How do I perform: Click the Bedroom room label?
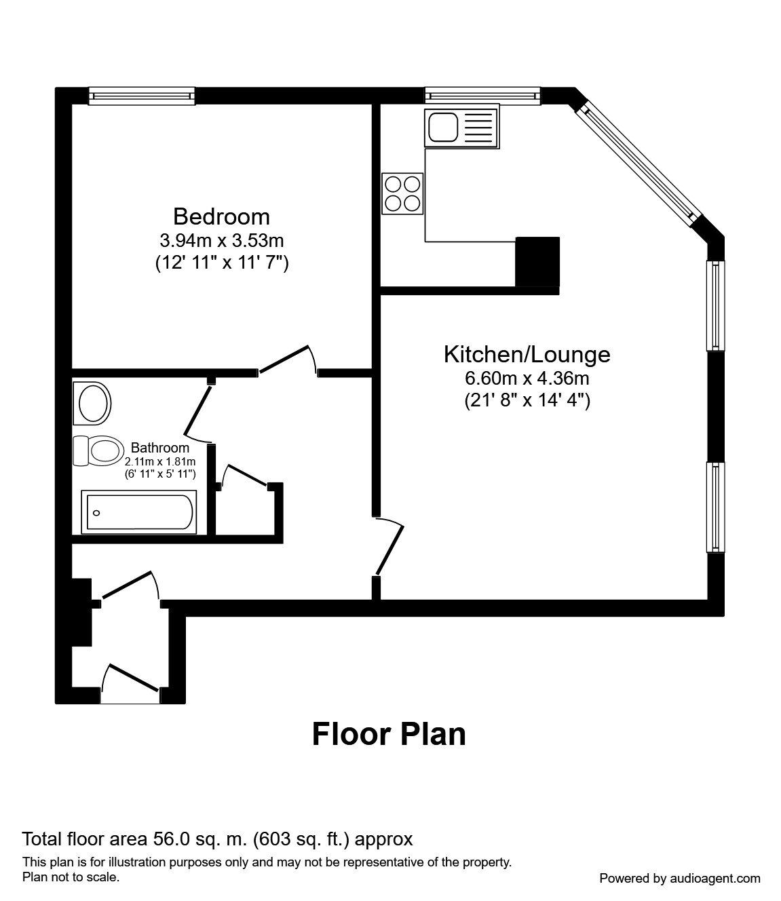click(221, 216)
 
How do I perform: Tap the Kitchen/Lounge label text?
click(527, 354)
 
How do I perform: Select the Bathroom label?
click(160, 448)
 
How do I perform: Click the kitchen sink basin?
click(443, 128)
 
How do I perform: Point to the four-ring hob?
click(402, 194)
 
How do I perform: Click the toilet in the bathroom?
click(98, 450)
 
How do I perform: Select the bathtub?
click(139, 512)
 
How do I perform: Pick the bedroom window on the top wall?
click(142, 96)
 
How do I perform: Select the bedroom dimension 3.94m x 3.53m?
click(221, 240)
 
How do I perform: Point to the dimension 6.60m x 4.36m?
click(527, 378)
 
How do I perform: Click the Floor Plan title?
click(389, 735)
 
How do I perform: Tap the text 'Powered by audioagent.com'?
click(680, 879)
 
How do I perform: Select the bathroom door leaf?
click(198, 410)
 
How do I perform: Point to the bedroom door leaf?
click(284, 360)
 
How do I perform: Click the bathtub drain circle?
click(96, 513)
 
